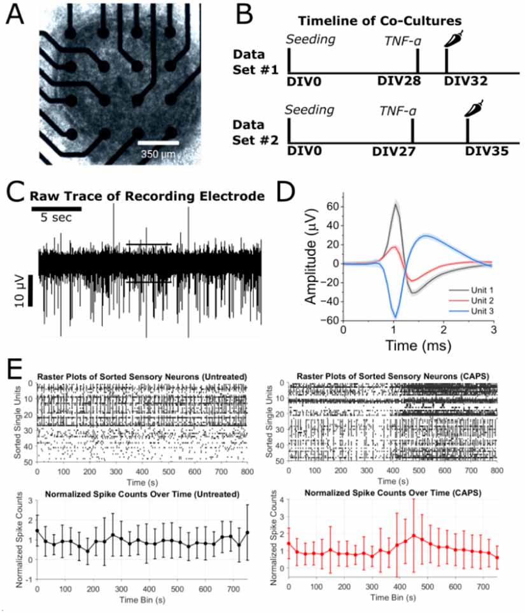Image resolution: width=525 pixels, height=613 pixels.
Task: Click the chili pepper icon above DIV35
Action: tap(473, 108)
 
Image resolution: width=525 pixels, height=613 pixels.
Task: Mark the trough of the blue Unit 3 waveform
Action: tap(396, 316)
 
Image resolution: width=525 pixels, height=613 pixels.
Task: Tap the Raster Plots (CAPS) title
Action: tap(392, 377)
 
